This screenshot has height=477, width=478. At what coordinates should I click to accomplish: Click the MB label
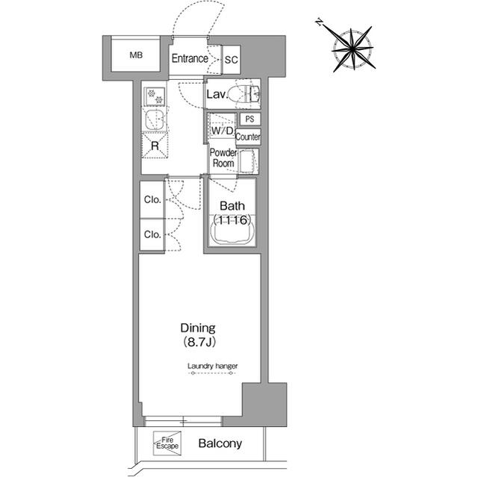coord(136,55)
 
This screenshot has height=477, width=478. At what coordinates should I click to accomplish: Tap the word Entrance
coord(190,58)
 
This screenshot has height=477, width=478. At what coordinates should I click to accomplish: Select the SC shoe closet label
coord(231,60)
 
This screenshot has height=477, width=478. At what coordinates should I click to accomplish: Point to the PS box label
coord(249,119)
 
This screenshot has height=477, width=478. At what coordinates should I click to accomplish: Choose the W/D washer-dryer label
coord(223,131)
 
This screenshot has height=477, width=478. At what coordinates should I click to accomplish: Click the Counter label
coord(248,137)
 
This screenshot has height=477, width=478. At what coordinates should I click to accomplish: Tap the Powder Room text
coord(223,158)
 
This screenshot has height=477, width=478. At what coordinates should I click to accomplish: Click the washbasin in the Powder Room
coord(247,160)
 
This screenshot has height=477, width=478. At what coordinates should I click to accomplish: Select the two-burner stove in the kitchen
coord(155,96)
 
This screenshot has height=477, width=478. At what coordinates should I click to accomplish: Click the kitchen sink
coord(155,119)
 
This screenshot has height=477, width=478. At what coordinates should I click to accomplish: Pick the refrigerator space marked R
coord(155,146)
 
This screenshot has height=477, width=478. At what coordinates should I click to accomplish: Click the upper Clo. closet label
coord(152,199)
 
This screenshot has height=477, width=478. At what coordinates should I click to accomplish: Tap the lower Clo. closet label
coord(152,234)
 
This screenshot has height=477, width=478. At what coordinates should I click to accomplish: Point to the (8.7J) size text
coord(199,343)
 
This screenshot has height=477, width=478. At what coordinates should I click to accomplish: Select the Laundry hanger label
coord(212,366)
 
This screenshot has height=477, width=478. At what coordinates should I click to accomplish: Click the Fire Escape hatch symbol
coord(167,443)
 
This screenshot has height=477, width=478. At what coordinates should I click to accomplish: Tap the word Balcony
coord(220,443)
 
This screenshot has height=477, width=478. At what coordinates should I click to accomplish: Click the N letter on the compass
coord(319,22)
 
